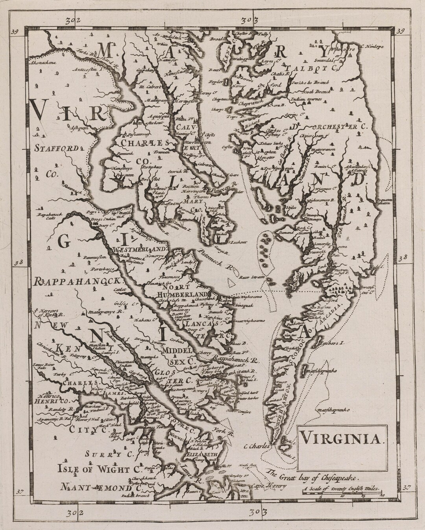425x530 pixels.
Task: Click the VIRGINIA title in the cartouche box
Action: click(x=340, y=438)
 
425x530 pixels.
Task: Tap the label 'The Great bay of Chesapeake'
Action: click(x=313, y=475)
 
